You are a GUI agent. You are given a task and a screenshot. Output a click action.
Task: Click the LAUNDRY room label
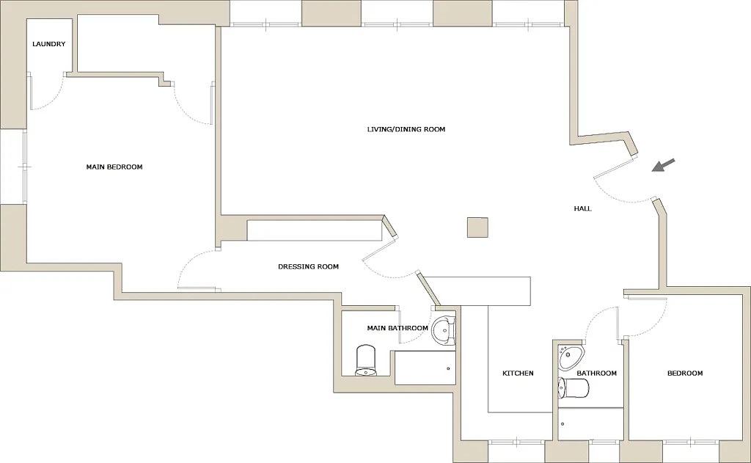[x=49, y=44]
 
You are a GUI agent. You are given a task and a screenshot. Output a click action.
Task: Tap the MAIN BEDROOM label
[x=114, y=167]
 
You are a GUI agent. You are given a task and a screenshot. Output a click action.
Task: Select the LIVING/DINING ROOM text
[x=406, y=130]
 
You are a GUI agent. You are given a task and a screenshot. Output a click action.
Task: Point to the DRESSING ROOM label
[x=308, y=267]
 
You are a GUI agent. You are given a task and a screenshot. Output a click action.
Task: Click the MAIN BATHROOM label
[x=398, y=328]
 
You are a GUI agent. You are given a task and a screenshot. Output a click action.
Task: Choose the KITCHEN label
[x=518, y=373]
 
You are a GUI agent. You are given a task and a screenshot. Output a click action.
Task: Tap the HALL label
[x=582, y=209]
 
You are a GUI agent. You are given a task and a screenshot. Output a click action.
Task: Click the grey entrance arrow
[x=663, y=166]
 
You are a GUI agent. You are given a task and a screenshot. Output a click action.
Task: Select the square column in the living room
[x=477, y=227]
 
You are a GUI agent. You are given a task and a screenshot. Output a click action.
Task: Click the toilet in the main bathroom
[x=366, y=360]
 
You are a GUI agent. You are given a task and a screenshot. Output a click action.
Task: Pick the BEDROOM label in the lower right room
[x=685, y=373]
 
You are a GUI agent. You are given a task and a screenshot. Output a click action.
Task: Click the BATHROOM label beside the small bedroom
[x=596, y=373]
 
